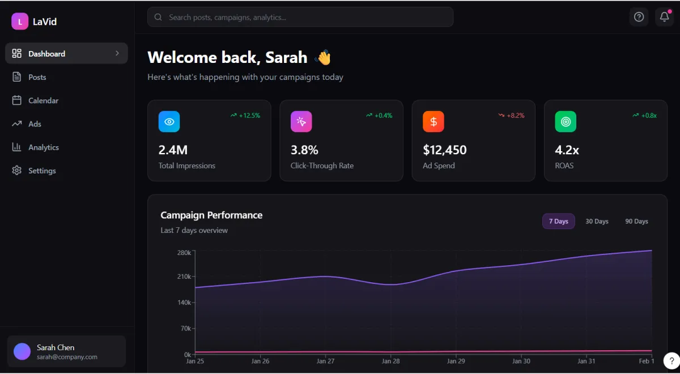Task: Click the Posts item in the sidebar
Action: pos(37,77)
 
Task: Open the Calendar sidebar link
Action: pos(43,100)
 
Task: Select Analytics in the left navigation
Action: pos(43,147)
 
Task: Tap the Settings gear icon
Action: pos(17,171)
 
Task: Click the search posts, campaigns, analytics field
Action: pos(300,17)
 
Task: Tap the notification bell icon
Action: pos(664,17)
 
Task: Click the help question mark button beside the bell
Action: pos(639,17)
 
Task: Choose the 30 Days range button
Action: pos(597,221)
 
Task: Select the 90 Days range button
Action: pos(636,221)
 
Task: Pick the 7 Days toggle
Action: pos(558,221)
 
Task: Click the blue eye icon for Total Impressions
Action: pos(169,121)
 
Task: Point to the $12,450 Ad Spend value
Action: pos(445,150)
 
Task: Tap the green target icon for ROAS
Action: pos(565,121)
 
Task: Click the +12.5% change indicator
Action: pos(245,116)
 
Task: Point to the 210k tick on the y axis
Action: pos(184,277)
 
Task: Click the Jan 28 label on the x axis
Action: pos(391,361)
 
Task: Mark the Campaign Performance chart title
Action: pos(211,215)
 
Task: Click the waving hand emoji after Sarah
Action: pos(323,57)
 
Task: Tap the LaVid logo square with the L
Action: pos(20,22)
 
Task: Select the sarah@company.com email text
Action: pos(67,357)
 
